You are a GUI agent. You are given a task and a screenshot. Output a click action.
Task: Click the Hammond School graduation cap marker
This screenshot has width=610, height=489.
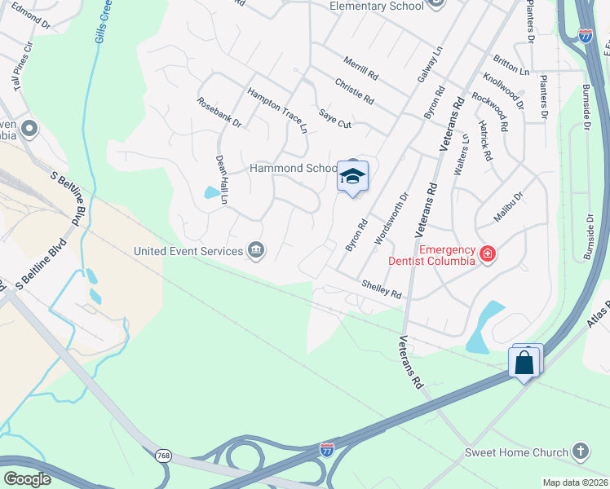click(352, 176)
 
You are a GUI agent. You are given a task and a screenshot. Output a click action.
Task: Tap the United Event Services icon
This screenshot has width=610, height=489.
click(256, 250)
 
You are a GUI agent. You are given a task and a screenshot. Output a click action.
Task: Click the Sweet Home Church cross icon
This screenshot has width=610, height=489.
click(580, 452)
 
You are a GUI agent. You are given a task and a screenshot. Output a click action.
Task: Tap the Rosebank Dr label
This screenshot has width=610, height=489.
click(219, 112)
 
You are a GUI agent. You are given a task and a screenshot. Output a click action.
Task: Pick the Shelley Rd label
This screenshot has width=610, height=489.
click(382, 289)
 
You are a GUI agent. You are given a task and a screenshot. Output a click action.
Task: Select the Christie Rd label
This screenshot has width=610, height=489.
click(354, 91)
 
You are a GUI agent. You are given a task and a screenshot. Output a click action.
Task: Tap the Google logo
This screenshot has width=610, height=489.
click(27, 479)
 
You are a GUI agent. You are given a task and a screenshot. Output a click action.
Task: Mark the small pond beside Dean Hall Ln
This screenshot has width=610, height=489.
click(212, 193)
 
